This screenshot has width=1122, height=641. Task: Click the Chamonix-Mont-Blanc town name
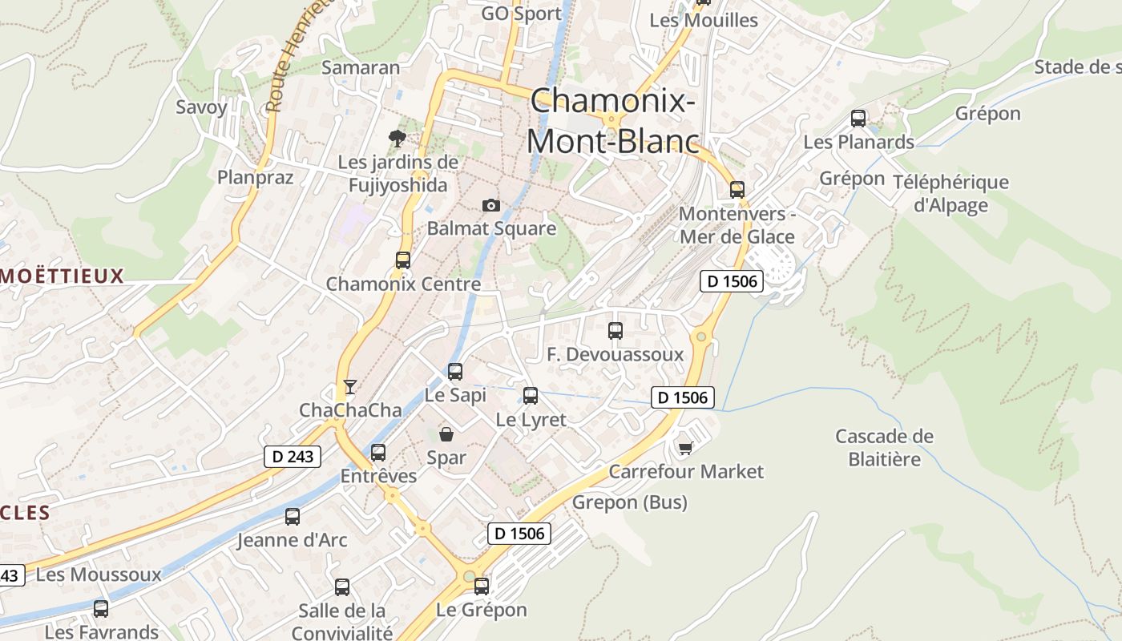(x=611, y=121)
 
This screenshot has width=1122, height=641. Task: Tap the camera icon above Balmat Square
(x=491, y=206)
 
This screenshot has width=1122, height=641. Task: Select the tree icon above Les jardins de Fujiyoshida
(x=397, y=139)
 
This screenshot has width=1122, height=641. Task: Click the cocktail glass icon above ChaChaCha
(x=349, y=387)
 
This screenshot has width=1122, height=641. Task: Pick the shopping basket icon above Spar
(x=446, y=434)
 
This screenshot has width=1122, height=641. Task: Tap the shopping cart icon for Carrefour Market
(x=685, y=448)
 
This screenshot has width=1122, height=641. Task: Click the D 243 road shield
(x=293, y=457)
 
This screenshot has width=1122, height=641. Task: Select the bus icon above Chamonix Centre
(x=402, y=260)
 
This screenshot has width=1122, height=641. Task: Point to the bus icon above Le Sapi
(x=455, y=372)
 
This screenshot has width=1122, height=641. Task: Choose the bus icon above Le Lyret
(x=531, y=396)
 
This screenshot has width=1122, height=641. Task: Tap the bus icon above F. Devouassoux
(x=615, y=331)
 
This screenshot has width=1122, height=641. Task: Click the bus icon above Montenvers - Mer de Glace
(x=737, y=190)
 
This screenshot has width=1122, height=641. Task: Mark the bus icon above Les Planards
(x=858, y=119)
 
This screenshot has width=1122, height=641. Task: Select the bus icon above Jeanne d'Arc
(x=293, y=517)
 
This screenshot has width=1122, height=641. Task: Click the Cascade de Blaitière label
(x=884, y=447)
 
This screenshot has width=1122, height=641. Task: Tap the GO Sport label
(x=521, y=14)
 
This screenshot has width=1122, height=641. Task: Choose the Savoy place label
(x=201, y=107)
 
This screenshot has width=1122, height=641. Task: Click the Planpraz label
(x=256, y=177)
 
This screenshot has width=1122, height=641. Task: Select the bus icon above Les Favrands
(x=101, y=609)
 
